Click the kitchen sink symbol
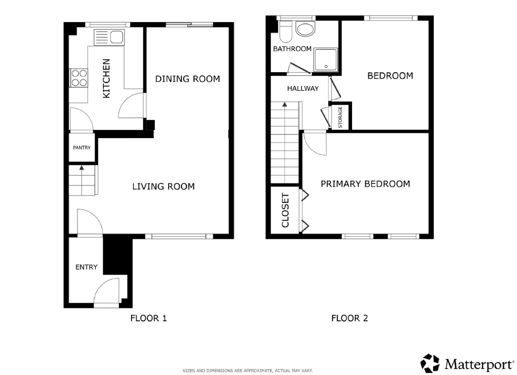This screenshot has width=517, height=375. point(109,37)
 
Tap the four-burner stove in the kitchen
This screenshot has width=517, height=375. point(79,78)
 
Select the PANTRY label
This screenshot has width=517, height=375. point(82,147)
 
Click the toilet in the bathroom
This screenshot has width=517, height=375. point(286,31)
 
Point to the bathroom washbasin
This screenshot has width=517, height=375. point(305,28)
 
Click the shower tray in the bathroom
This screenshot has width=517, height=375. point(326,59)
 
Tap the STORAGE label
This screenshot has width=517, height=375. point(340,117)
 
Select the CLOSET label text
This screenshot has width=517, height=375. point(285,210)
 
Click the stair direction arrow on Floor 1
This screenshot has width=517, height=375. point(81,180)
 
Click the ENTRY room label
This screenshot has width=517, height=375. point(86,267)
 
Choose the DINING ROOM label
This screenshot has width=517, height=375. point(188,79)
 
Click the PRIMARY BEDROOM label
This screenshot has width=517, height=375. point(365,184)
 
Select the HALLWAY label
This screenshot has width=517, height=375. point(303,89)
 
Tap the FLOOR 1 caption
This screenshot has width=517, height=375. point(149,318)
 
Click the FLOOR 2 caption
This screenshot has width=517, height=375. point(350,318)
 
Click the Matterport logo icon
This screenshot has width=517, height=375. point(430,363)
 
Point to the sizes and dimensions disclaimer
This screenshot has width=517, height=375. point(248,371)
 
